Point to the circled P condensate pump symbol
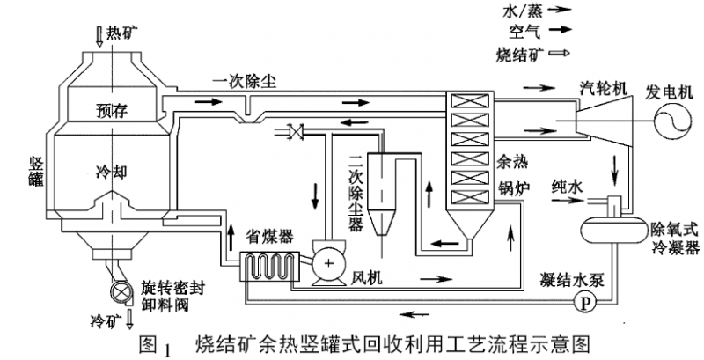580,302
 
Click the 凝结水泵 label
569,279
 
